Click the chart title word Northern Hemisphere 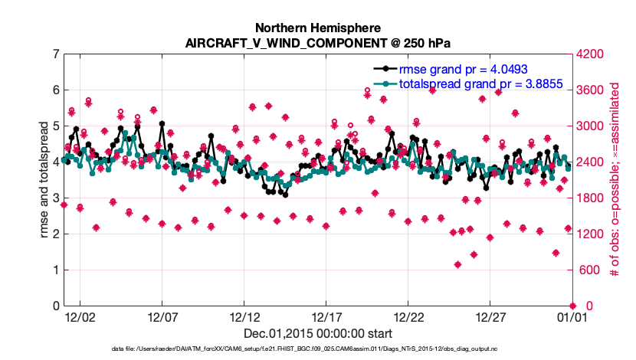tap(317, 28)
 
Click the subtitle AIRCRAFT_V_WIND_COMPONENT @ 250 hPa tap(317, 43)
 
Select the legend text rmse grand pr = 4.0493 tap(463, 68)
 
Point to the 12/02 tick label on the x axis tap(80, 316)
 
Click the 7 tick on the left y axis tap(56, 54)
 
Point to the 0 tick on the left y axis tap(56, 306)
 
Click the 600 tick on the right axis tap(588, 270)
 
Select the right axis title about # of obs tap(613, 180)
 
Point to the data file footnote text tap(317, 350)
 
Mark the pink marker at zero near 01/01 tap(572, 306)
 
